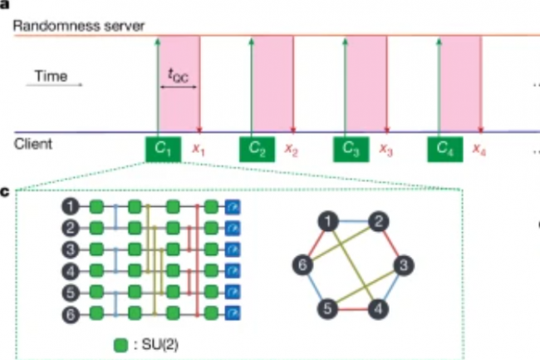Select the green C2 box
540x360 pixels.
click(x=257, y=150)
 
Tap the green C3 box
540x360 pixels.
click(x=351, y=150)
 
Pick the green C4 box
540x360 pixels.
click(x=445, y=150)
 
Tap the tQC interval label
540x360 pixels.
click(x=179, y=74)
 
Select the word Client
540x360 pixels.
click(x=33, y=144)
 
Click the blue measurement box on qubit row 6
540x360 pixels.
click(x=232, y=314)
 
